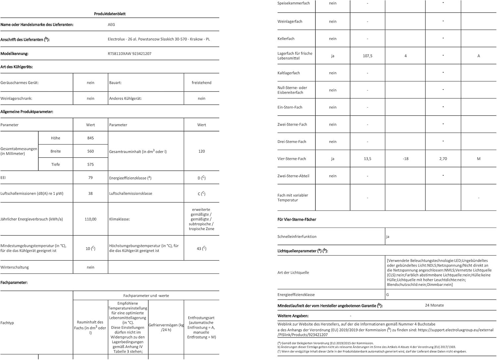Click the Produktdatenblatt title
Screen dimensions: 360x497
point(110,14)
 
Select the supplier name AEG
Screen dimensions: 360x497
point(111,25)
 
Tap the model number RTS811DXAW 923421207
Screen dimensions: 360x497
point(130,54)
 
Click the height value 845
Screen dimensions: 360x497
point(90,138)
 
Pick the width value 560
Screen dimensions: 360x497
point(90,151)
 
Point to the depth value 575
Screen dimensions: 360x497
point(90,165)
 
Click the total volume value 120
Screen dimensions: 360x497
point(201,151)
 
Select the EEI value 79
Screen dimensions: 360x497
point(90,178)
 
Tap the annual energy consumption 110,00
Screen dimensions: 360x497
point(90,219)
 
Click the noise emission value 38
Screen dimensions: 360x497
point(90,193)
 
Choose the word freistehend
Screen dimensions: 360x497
point(201,83)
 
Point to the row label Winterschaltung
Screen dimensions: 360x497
point(15,267)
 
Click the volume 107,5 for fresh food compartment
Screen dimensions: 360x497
point(367,56)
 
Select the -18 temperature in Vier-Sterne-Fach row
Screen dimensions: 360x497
point(405,159)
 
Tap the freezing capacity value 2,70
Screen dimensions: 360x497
point(443,159)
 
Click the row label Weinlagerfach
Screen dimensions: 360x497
point(290,22)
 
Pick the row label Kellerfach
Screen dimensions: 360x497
point(286,39)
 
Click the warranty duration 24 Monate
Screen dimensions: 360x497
point(434,305)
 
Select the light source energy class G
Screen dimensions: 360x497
point(388,295)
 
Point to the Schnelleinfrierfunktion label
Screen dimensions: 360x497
point(297,237)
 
